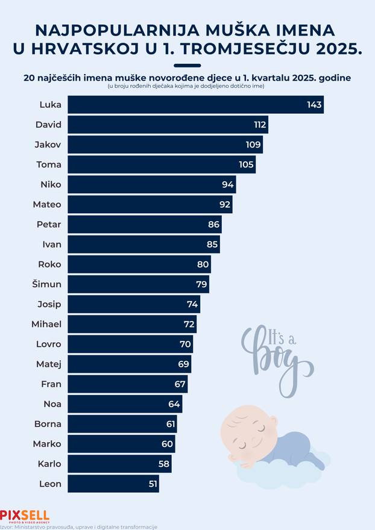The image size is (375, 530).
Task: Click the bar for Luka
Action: (x=195, y=105)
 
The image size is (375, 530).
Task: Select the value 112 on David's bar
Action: (x=260, y=125)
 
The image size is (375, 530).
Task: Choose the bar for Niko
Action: (x=151, y=184)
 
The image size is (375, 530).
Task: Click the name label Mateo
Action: (x=47, y=204)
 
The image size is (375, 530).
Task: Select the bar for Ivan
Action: (x=143, y=244)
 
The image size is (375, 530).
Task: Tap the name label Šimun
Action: (x=46, y=284)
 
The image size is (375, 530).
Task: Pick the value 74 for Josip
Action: (x=192, y=304)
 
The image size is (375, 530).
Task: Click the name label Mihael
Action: (x=46, y=324)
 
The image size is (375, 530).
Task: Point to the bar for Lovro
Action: (x=130, y=344)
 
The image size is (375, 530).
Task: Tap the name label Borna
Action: (x=48, y=423)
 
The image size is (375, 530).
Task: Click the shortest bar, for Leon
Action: (x=113, y=483)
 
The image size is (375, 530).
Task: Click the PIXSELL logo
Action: (x=25, y=516)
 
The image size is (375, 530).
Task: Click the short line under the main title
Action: (x=187, y=65)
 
